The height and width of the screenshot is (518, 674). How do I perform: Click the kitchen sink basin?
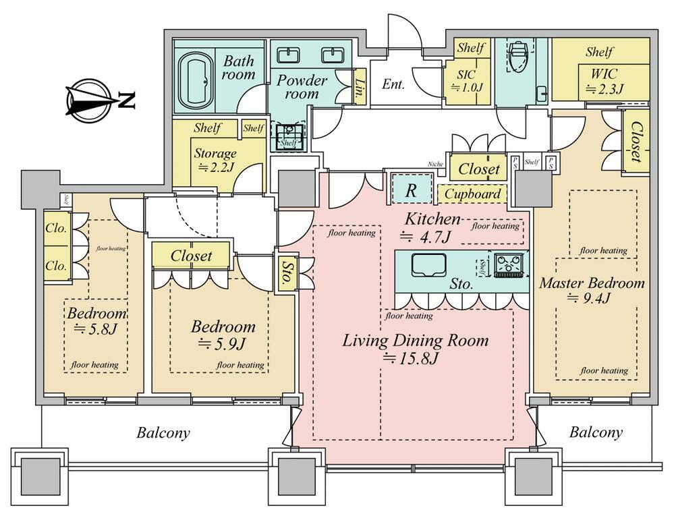pos(426,265)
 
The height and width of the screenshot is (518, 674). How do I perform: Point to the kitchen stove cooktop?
pos(511,265)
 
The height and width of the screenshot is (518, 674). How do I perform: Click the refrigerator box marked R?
pos(410,190)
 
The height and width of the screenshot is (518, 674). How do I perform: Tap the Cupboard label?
pos(473,194)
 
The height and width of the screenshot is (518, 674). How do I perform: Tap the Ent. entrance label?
pos(393,84)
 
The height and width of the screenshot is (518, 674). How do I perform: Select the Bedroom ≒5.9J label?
pos(223,335)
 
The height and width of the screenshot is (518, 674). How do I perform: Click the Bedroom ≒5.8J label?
pos(97,322)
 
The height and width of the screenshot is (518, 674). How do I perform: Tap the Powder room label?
pos(302,87)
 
